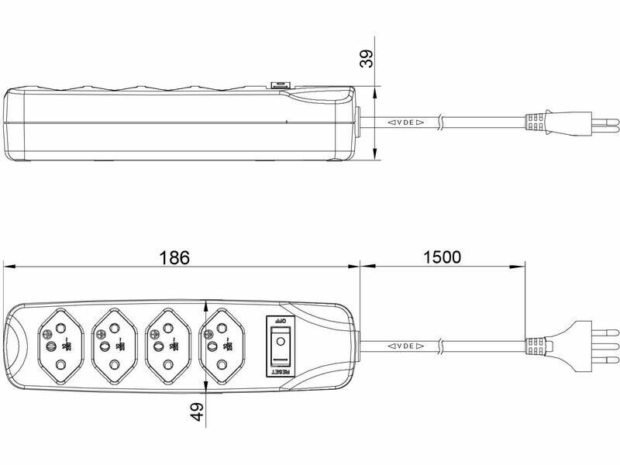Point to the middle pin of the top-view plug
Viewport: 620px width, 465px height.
coord(601,346)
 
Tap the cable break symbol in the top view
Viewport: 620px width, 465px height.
coord(441,346)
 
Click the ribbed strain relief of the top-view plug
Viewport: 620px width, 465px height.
coord(536,346)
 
